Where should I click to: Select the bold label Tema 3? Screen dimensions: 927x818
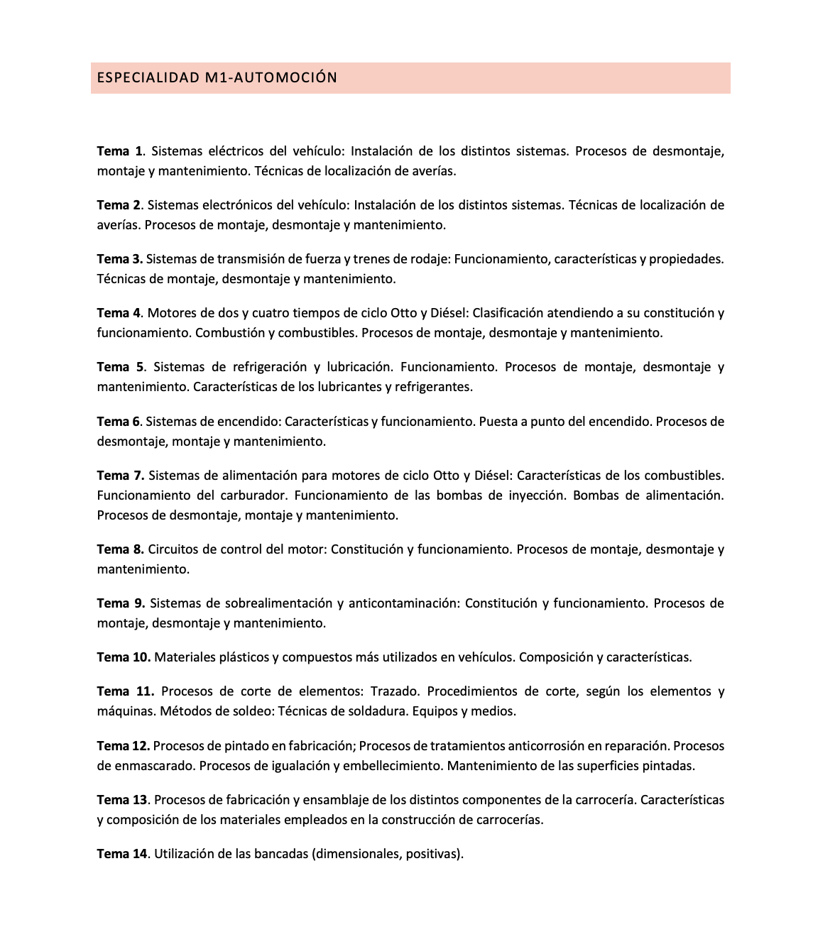pyautogui.click(x=120, y=259)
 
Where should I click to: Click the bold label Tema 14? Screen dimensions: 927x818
pyautogui.click(x=122, y=854)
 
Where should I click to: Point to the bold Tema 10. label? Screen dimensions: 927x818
pyautogui.click(x=124, y=657)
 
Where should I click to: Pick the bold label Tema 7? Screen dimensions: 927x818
pyautogui.click(x=120, y=476)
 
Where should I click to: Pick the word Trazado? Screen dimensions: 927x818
pyautogui.click(x=395, y=691)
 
